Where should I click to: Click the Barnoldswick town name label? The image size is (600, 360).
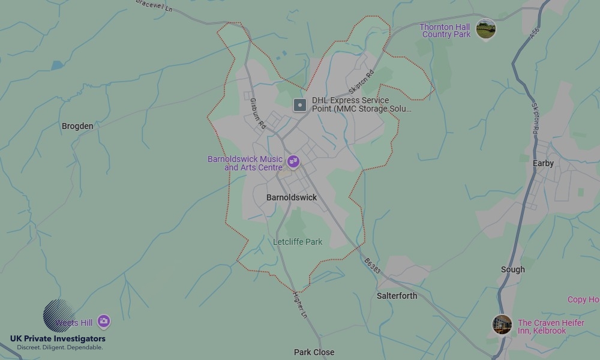click(292, 197)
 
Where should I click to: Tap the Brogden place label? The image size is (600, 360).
click(77, 126)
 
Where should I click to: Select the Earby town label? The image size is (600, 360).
click(543, 163)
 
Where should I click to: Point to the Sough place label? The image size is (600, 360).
click(512, 269)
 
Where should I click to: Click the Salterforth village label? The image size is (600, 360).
click(397, 296)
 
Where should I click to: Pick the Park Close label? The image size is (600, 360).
click(314, 352)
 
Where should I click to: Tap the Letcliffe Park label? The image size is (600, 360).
click(298, 242)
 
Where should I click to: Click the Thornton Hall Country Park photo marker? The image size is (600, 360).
click(485, 28)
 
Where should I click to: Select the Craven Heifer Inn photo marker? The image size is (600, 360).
click(502, 325)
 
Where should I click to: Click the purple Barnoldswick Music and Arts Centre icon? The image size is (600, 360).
click(293, 161)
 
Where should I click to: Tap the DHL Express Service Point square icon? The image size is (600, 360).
click(299, 106)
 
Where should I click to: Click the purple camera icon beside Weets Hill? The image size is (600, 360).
click(104, 322)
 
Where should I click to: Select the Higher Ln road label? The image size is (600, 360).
click(299, 305)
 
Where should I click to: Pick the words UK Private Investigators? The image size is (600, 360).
click(58, 339)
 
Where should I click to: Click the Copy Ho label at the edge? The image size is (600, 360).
click(583, 299)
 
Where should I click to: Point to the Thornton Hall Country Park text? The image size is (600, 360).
click(445, 31)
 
